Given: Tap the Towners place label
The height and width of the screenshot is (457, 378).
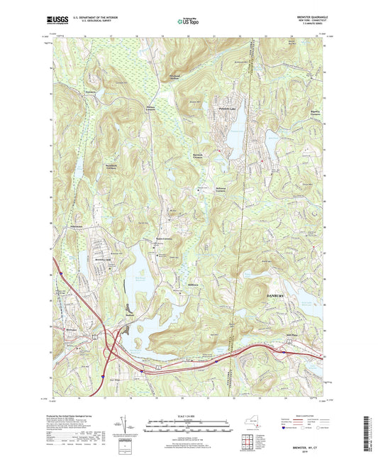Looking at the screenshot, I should point(90,92).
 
